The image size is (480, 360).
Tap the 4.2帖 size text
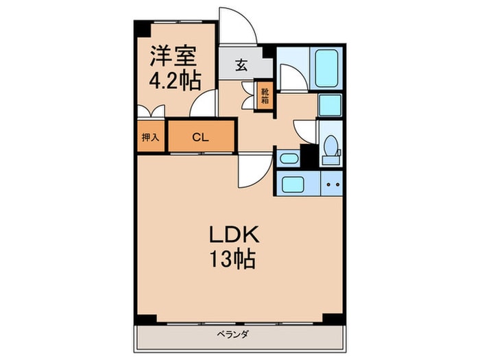click(175, 81)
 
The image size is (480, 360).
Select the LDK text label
click(233, 235)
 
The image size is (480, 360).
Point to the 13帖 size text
click(233, 260)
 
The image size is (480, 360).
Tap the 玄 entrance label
click(242, 66)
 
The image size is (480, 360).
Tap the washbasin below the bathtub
click(330, 105)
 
